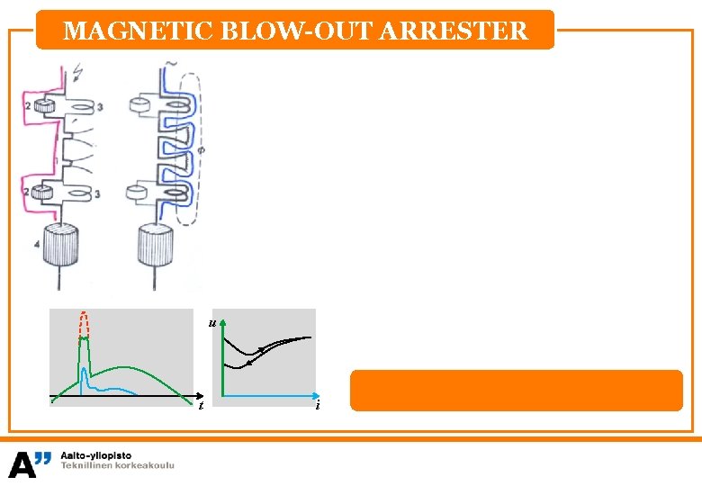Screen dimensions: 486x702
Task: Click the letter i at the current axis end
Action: [x=319, y=406]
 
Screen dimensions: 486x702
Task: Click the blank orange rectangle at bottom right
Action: [x=516, y=391]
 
